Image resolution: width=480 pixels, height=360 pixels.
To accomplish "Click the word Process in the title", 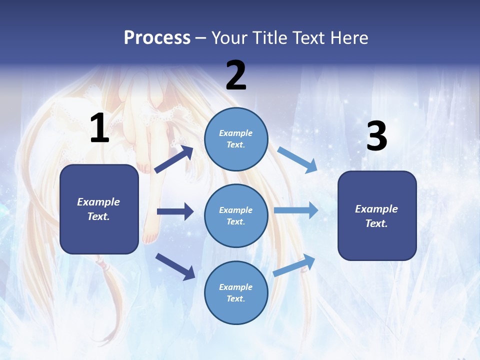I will [157, 38].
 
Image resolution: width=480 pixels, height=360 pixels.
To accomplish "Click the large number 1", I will [99, 128].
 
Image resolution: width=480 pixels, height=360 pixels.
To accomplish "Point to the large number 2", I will [236, 75].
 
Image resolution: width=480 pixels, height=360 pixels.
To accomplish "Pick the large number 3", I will [376, 136].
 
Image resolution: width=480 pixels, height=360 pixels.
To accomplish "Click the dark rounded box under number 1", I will [99, 209].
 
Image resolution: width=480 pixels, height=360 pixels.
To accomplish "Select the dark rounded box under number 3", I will [377, 215].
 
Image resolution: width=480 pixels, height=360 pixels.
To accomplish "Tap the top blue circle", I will [236, 138].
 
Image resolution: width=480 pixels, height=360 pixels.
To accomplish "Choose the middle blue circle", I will [236, 215].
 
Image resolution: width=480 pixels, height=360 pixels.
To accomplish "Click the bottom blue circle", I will [236, 292].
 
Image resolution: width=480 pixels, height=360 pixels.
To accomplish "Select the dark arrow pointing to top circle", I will [174, 159].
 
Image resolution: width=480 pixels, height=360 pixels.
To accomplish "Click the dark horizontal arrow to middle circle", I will [175, 211].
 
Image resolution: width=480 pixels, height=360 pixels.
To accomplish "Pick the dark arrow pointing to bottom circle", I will [175, 266].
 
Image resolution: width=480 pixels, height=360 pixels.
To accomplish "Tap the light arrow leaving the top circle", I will [297, 159].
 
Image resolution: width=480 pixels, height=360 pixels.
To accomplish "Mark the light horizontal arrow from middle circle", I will [296, 210].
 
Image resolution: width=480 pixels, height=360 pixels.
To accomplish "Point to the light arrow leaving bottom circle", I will [294, 265].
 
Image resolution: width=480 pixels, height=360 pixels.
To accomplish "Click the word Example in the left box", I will [98, 202].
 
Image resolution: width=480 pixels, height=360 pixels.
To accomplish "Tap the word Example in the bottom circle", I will [236, 287].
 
